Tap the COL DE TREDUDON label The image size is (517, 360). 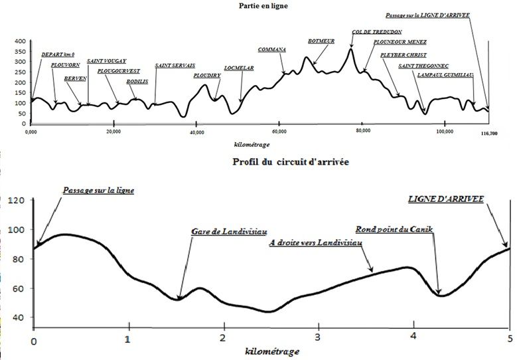(x=376, y=31)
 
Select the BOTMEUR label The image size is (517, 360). (x=321, y=41)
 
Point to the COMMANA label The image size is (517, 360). (x=271, y=50)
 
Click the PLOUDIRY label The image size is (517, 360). (x=207, y=76)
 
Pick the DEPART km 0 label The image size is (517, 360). (x=58, y=54)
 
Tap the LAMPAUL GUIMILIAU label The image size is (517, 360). (x=445, y=75)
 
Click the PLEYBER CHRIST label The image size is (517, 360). (x=404, y=55)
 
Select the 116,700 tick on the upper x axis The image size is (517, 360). (x=488, y=134)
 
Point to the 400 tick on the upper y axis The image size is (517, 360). (x=20, y=41)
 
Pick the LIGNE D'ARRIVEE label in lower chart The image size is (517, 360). (x=445, y=199)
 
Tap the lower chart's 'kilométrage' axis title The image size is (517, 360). (x=273, y=351)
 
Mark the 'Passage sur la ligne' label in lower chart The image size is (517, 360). (x=98, y=190)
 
